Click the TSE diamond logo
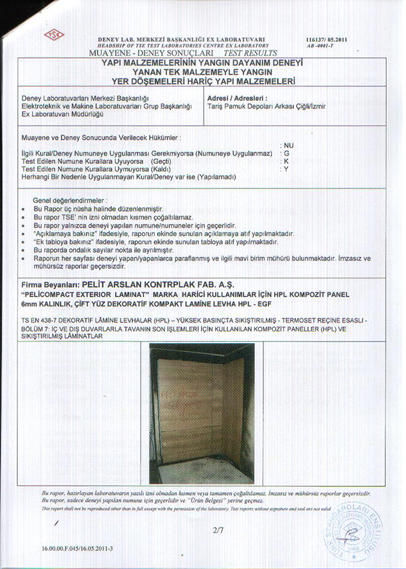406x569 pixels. (x=53, y=35)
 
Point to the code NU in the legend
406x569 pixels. (x=288, y=145)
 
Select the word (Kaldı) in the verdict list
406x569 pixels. (x=164, y=169)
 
